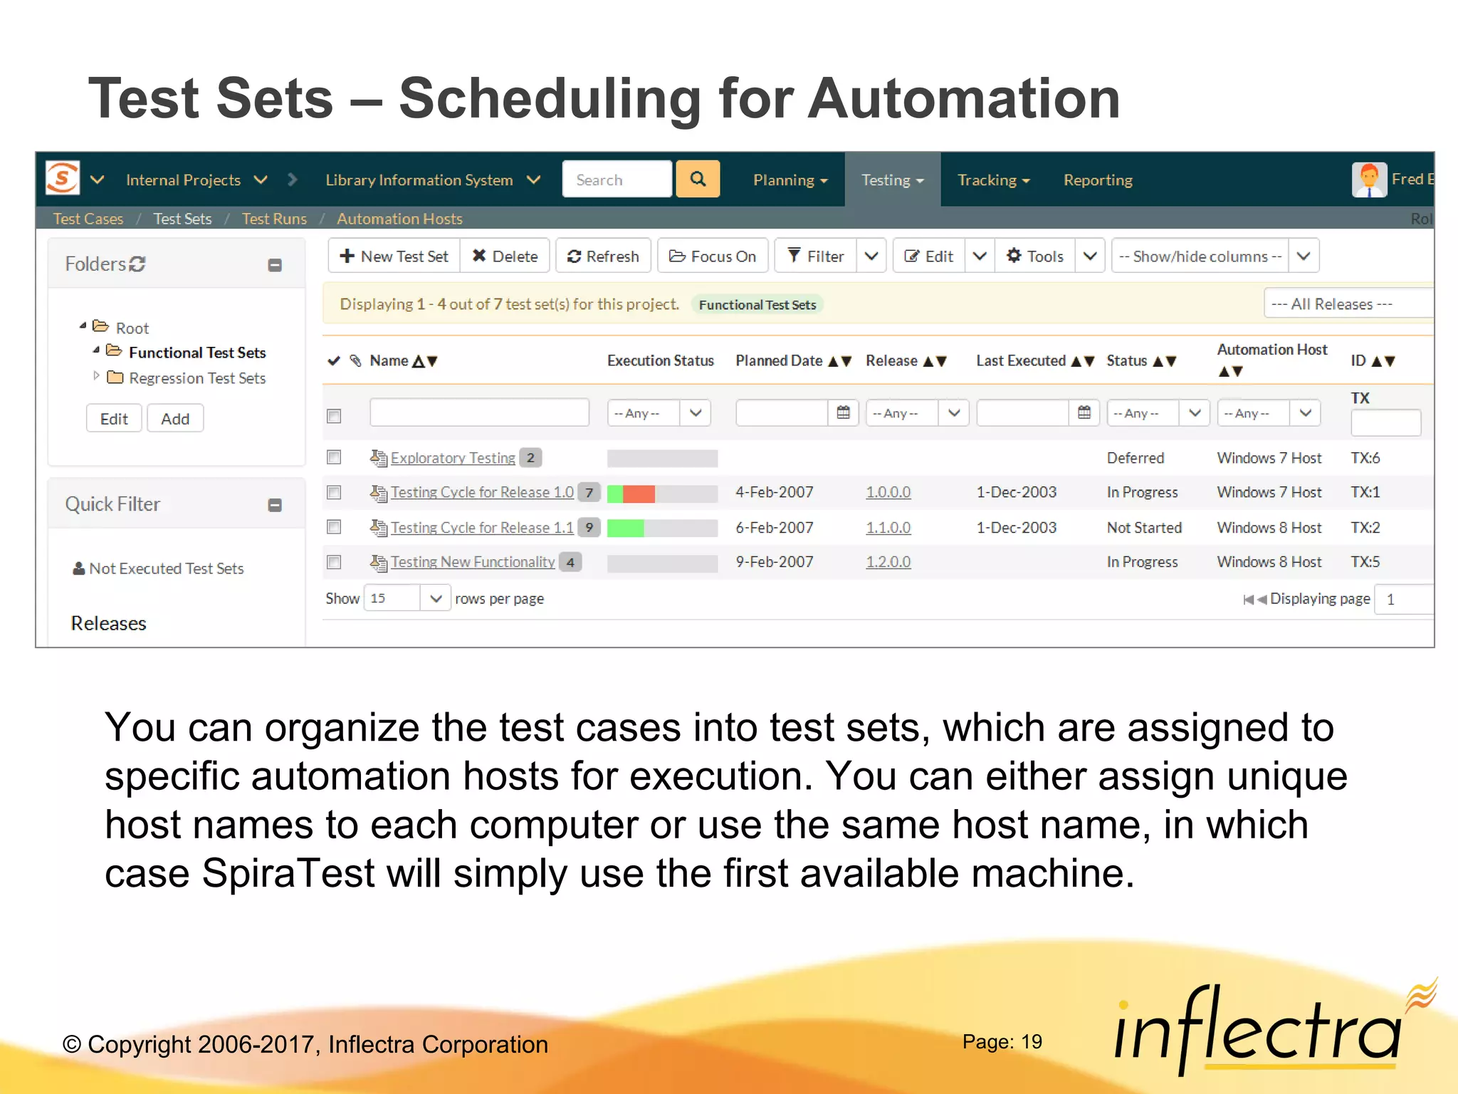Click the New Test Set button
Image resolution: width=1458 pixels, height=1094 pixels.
tap(394, 256)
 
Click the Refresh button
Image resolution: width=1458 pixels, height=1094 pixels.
tap(603, 256)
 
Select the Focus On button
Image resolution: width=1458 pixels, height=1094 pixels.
tap(713, 256)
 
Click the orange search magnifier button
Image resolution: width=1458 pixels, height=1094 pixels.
tap(698, 179)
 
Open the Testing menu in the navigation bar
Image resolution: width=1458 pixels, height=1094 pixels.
tap(892, 180)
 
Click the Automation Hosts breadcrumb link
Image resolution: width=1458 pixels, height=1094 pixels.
tap(399, 219)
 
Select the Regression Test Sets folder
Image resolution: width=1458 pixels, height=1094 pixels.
tap(196, 378)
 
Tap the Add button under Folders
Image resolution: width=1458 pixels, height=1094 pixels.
tap(175, 419)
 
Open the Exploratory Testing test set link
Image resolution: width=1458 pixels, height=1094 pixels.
tap(453, 458)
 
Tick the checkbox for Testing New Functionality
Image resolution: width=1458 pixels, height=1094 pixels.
tap(334, 562)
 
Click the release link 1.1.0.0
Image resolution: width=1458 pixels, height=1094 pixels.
tap(888, 528)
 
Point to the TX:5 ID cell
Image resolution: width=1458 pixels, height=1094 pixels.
tap(1365, 562)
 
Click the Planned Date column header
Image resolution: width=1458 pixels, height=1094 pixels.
tap(779, 361)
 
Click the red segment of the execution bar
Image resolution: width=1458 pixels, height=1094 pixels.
tap(639, 493)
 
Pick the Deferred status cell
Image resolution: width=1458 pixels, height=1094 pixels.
tap(1135, 458)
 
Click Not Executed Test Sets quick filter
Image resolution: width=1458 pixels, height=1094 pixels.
tap(166, 568)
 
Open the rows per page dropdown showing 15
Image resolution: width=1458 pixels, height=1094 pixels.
tap(407, 598)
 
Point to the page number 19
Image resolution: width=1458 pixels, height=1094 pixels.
tap(1031, 1042)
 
